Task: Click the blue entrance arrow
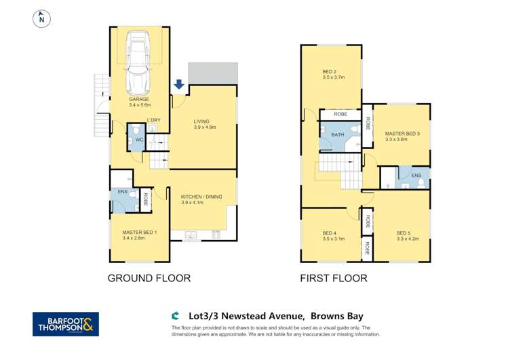pyautogui.click(x=179, y=84)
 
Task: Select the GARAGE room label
pyautogui.click(x=139, y=100)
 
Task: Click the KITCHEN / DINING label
pyautogui.click(x=201, y=197)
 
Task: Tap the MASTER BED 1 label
pyautogui.click(x=139, y=233)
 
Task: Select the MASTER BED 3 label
pyautogui.click(x=402, y=134)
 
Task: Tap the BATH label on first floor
pyautogui.click(x=337, y=135)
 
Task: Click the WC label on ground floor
pyautogui.click(x=138, y=140)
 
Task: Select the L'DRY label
pyautogui.click(x=154, y=120)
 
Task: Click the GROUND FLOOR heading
pyautogui.click(x=149, y=278)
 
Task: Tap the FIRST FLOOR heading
pyautogui.click(x=334, y=278)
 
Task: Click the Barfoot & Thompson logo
pyautogui.click(x=65, y=324)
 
